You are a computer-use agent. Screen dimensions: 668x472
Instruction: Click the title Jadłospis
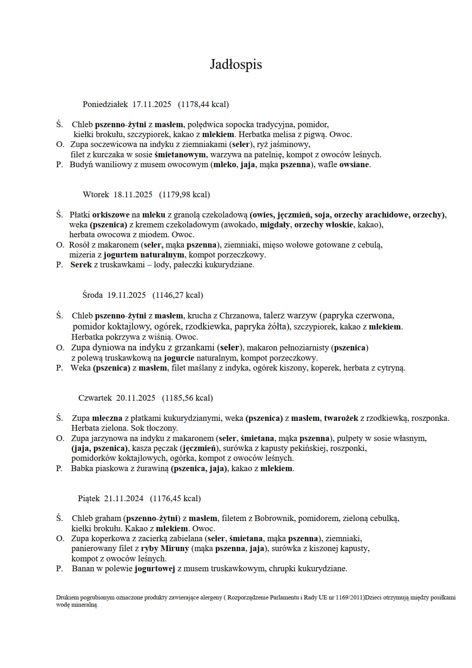tap(236, 64)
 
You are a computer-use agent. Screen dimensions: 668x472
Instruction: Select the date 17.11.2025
tap(152, 104)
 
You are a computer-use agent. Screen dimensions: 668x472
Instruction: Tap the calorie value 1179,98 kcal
tap(185, 195)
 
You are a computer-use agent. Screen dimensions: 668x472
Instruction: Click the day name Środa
tap(92, 295)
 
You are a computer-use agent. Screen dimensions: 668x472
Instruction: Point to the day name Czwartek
tap(95, 398)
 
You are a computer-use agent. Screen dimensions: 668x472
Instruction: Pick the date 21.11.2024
tap(124, 499)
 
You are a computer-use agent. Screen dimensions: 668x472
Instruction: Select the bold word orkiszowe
tap(111, 215)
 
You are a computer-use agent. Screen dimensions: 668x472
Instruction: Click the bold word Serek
tap(81, 265)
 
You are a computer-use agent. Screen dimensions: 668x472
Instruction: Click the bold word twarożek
tap(341, 418)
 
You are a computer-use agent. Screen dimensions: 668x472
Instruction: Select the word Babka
tap(82, 468)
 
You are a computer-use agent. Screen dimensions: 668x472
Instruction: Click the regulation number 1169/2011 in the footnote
tap(350, 598)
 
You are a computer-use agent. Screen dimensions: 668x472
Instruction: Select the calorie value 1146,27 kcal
tap(178, 295)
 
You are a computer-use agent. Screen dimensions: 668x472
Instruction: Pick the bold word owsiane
tap(354, 165)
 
